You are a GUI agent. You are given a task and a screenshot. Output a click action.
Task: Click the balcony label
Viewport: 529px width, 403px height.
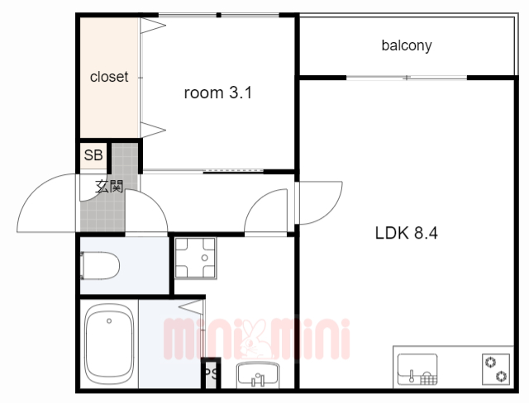(407, 45)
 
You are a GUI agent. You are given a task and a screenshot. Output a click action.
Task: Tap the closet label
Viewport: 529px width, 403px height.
(109, 77)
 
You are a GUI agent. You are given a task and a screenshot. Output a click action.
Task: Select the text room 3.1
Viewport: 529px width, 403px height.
(218, 92)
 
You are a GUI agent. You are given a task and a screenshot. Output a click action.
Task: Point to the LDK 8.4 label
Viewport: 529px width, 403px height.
(406, 233)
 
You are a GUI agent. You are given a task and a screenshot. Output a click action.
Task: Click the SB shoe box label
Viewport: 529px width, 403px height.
(93, 155)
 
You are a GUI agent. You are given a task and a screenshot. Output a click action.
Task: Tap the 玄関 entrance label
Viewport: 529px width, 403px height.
(109, 187)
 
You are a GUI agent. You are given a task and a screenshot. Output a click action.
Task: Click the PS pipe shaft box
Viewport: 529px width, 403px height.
(212, 374)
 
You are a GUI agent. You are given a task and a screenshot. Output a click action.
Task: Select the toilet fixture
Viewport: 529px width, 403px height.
(100, 266)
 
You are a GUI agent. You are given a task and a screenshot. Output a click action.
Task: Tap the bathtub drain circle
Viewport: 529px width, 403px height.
(109, 320)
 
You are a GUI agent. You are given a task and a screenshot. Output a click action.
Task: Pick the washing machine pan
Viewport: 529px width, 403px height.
(195, 258)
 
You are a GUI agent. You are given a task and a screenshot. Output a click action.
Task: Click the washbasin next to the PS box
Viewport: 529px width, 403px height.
(258, 375)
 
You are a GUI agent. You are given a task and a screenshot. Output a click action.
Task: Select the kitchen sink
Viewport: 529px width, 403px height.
(417, 369)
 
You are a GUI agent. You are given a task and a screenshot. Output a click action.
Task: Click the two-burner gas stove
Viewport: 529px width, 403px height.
(496, 369)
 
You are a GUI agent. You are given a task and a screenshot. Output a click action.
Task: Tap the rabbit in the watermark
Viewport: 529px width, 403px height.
(255, 339)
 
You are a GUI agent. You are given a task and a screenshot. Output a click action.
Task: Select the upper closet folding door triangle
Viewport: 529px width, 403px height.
(153, 26)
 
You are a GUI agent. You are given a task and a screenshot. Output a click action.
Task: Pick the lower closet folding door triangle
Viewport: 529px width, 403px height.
(153, 130)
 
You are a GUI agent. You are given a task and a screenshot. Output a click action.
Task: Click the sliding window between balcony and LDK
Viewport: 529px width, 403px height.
(407, 78)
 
